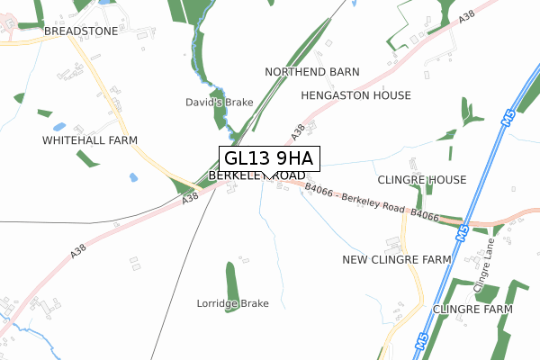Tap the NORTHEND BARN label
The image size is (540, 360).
tap(312, 71)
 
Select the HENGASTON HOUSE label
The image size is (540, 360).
tap(356, 95)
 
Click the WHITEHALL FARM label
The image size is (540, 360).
tap(89, 141)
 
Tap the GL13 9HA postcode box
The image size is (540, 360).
tap(267, 158)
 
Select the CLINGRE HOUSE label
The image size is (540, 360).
tap(421, 180)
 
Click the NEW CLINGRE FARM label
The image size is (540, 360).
tap(397, 259)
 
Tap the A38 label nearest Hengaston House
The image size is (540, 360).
tap(298, 133)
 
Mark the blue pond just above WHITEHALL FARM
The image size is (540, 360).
tap(59, 127)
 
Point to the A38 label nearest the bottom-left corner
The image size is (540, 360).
tap(78, 255)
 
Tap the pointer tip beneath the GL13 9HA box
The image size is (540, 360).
tap(267, 178)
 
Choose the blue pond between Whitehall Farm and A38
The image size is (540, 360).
tap(133, 177)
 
